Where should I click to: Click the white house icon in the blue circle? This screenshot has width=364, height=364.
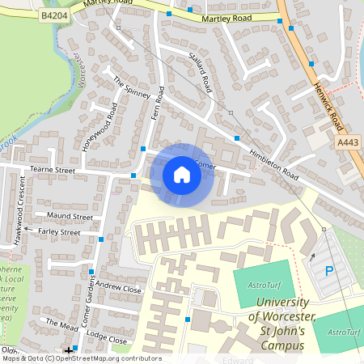pos(182,175)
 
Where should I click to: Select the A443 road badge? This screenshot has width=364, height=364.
pos(347,142)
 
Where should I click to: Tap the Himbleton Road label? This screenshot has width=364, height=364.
pos(274,165)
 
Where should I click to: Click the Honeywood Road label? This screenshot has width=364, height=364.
pos(100,128)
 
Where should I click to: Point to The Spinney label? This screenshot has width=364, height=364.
pos(132,91)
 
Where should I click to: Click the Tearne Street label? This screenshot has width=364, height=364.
pos(52,170)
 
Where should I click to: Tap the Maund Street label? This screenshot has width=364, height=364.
pos(70,217)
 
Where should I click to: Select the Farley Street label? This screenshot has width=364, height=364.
pos(59,232)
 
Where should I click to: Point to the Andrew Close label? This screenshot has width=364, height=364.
pos(118,287)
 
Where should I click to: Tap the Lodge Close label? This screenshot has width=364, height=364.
pos(107,340)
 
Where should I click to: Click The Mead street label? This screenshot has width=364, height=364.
pos(63,324)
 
